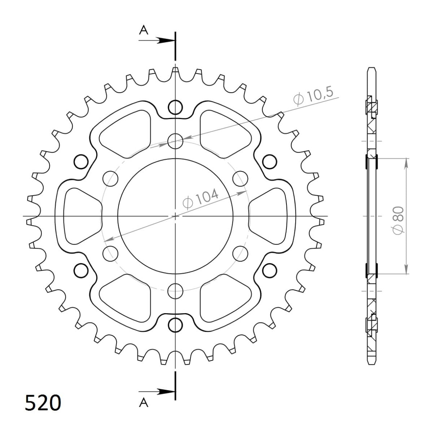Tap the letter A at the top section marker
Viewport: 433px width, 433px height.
144,31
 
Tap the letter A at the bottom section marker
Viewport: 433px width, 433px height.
144,403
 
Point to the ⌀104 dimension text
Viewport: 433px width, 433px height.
201,199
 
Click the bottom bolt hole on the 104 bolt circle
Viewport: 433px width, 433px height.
175,291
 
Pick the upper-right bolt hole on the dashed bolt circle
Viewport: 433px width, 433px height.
240,178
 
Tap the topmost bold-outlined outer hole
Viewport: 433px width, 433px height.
175,107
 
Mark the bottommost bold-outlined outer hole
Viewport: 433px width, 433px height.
175,325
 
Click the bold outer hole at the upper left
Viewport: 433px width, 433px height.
81,161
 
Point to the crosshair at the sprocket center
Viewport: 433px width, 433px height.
175,216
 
